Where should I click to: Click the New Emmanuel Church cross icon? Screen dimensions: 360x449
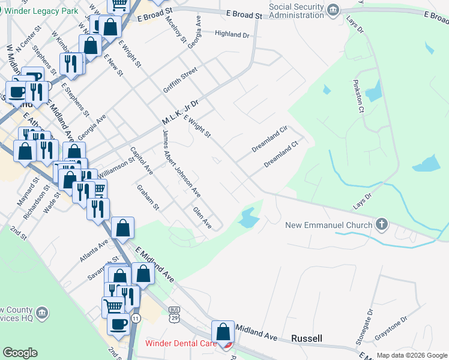click(381, 225)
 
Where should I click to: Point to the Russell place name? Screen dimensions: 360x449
click(306, 338)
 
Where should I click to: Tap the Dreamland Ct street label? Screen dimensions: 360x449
click(281, 154)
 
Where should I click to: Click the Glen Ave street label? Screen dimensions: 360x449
click(202, 217)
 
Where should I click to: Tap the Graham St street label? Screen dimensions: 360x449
click(148, 197)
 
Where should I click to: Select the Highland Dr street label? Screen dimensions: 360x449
click(231, 35)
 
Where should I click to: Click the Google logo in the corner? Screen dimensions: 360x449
click(20, 353)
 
